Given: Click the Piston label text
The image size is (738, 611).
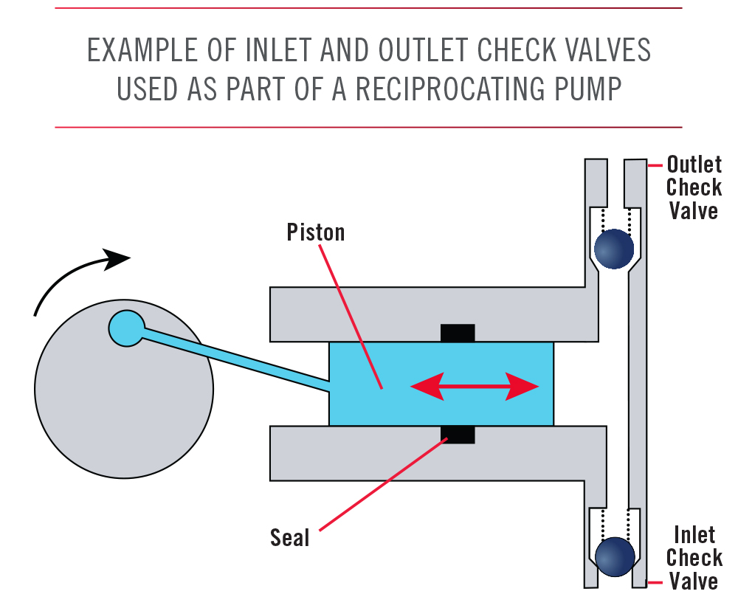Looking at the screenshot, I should point(315,232).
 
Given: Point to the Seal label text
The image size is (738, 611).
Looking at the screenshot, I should point(289,537).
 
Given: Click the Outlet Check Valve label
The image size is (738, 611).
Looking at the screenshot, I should point(693,187).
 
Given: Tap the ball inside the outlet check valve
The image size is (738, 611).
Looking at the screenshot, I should point(613,249).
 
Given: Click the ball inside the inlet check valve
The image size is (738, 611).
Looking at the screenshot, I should point(614,556).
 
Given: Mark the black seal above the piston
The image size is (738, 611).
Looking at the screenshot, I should point(458,333).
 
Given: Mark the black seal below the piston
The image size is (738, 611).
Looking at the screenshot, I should point(458,435).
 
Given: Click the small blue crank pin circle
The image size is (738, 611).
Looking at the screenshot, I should point(126,328).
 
